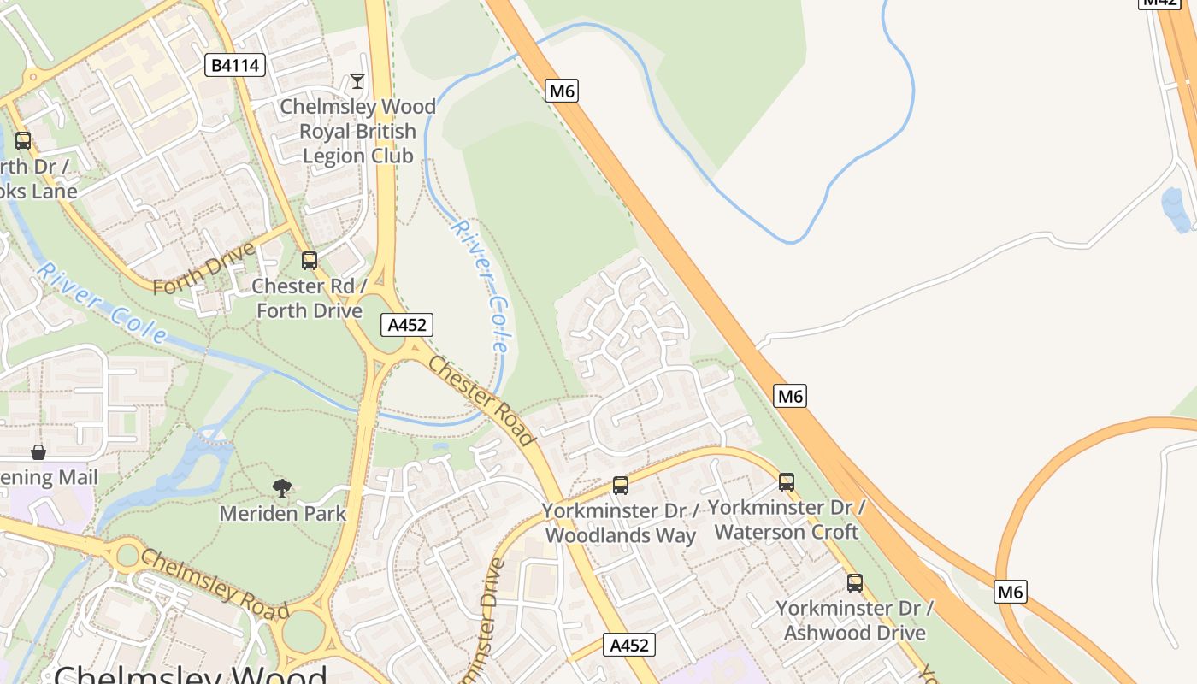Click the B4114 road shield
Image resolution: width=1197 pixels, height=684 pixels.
tap(235, 65)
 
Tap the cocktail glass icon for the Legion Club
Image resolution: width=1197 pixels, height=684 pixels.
tap(357, 81)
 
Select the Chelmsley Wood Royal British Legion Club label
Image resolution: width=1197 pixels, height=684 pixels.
tap(357, 131)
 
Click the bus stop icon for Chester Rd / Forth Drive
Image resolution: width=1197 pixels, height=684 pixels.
tap(310, 261)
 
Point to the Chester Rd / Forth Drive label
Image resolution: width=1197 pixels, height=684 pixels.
tap(310, 298)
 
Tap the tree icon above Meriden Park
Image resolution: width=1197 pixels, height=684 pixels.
tap(282, 488)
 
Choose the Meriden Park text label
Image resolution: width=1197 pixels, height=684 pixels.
tap(282, 513)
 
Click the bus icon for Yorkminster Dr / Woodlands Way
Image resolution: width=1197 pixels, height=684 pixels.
tap(621, 486)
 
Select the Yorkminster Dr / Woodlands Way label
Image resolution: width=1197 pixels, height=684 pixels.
tap(621, 522)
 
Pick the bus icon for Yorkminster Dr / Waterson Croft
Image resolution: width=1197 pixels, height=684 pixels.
tap(787, 482)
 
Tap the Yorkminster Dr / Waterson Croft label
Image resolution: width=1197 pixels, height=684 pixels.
tap(787, 519)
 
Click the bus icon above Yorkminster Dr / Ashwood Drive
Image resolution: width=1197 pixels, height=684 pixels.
tap(855, 583)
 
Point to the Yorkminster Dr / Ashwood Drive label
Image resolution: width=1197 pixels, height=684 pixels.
tap(855, 620)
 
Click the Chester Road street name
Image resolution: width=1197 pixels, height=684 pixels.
tap(481, 400)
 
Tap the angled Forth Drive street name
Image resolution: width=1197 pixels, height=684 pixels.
tap(204, 267)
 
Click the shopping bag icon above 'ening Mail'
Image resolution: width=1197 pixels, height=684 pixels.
tap(38, 451)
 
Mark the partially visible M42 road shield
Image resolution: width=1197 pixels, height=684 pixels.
tap(1160, 3)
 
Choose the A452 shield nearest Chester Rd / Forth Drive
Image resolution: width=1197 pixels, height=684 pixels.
tap(407, 325)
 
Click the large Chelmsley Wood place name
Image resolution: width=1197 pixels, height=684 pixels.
tap(191, 674)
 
